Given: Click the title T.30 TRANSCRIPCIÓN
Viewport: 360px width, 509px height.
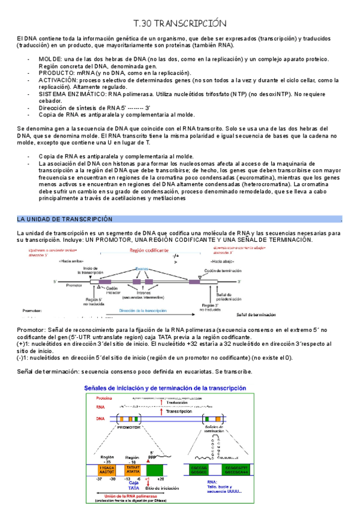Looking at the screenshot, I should click(180, 23).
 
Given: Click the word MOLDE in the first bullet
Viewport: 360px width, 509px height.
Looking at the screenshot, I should click(49, 59).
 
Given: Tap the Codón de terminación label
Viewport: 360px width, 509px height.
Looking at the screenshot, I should click(222, 271).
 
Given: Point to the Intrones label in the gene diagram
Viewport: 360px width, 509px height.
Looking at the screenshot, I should click(138, 292).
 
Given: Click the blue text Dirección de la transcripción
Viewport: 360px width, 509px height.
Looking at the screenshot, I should click(142, 310).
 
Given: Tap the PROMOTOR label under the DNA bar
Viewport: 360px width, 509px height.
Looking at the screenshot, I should click(128, 427).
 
